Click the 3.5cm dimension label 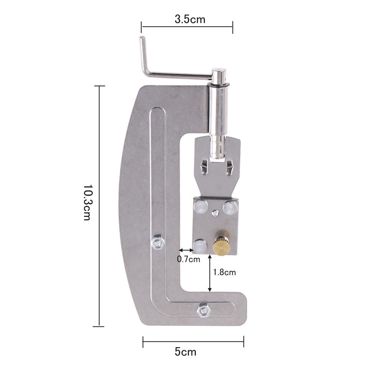point(190,19)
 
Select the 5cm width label point(185,352)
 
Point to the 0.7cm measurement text point(188,259)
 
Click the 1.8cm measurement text point(224,272)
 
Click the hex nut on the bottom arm point(204,310)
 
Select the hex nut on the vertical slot point(158,242)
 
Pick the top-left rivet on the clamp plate point(201,207)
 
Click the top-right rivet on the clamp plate point(230,208)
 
